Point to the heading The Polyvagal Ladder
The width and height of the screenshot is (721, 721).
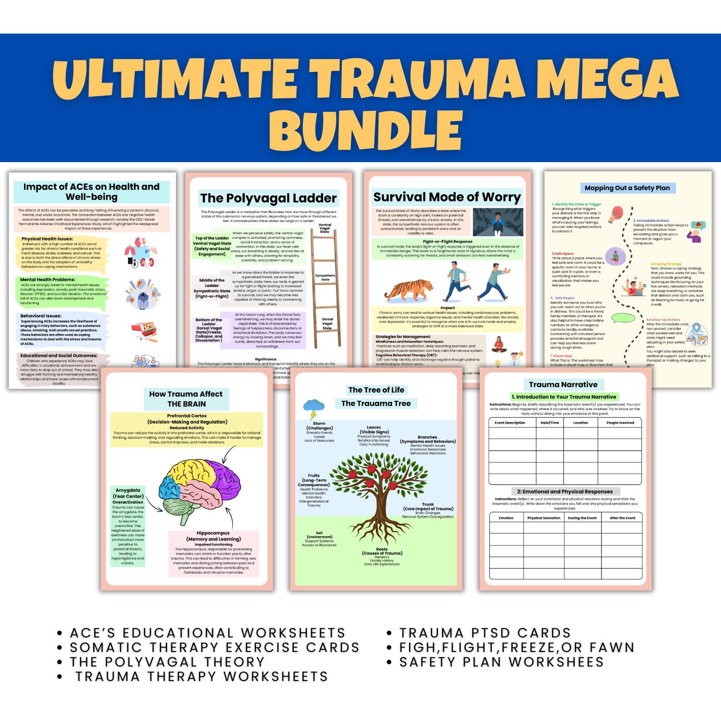pyautogui.click(x=268, y=198)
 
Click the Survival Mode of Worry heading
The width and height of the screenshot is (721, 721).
pyautogui.click(x=447, y=197)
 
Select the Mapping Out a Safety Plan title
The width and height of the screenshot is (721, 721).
pyautogui.click(x=627, y=188)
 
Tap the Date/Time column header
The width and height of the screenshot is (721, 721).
pyautogui.click(x=549, y=422)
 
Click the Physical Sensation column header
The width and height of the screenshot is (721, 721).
pyautogui.click(x=543, y=518)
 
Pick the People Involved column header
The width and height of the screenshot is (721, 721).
pyautogui.click(x=620, y=422)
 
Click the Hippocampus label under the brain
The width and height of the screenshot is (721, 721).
pyautogui.click(x=213, y=533)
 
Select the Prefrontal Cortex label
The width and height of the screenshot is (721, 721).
pyautogui.click(x=187, y=415)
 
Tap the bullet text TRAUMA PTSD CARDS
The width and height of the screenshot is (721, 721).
pyautogui.click(x=484, y=632)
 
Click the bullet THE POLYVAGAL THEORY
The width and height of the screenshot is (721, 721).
pyautogui.click(x=167, y=662)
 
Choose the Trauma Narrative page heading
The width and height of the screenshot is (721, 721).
pyautogui.click(x=563, y=385)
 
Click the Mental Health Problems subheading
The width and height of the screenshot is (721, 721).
pyautogui.click(x=47, y=279)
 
